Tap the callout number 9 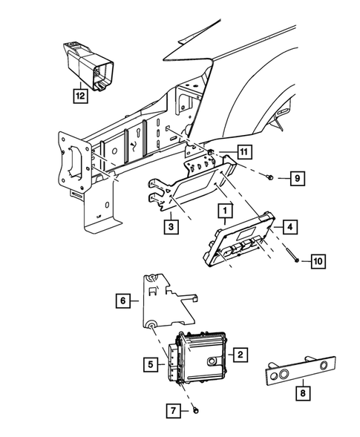point(295,178)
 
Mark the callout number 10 point(318,261)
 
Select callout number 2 point(240,355)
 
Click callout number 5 point(151,364)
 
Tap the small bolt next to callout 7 point(194,410)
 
